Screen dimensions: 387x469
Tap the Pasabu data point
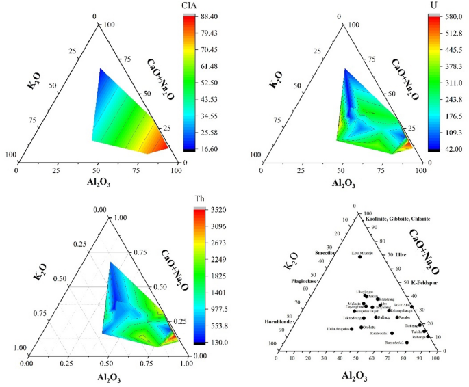396,317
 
